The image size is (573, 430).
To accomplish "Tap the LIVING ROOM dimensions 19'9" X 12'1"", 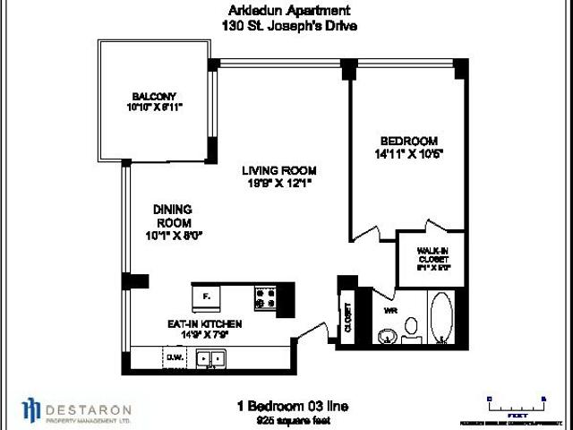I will pos(282,184).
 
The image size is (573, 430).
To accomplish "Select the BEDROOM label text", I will pos(408,141).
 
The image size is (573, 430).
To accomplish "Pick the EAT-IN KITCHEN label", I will pos(188,327).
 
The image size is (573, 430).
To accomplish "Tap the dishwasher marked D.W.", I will pos(175,359).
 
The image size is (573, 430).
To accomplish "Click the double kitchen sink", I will pos(212,359).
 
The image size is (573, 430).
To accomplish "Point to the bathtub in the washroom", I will pos(442,317).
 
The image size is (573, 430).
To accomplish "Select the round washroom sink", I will pos(386,337).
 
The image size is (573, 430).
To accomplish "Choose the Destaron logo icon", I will pos(31,408).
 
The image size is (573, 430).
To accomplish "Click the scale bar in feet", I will pos(517,404).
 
